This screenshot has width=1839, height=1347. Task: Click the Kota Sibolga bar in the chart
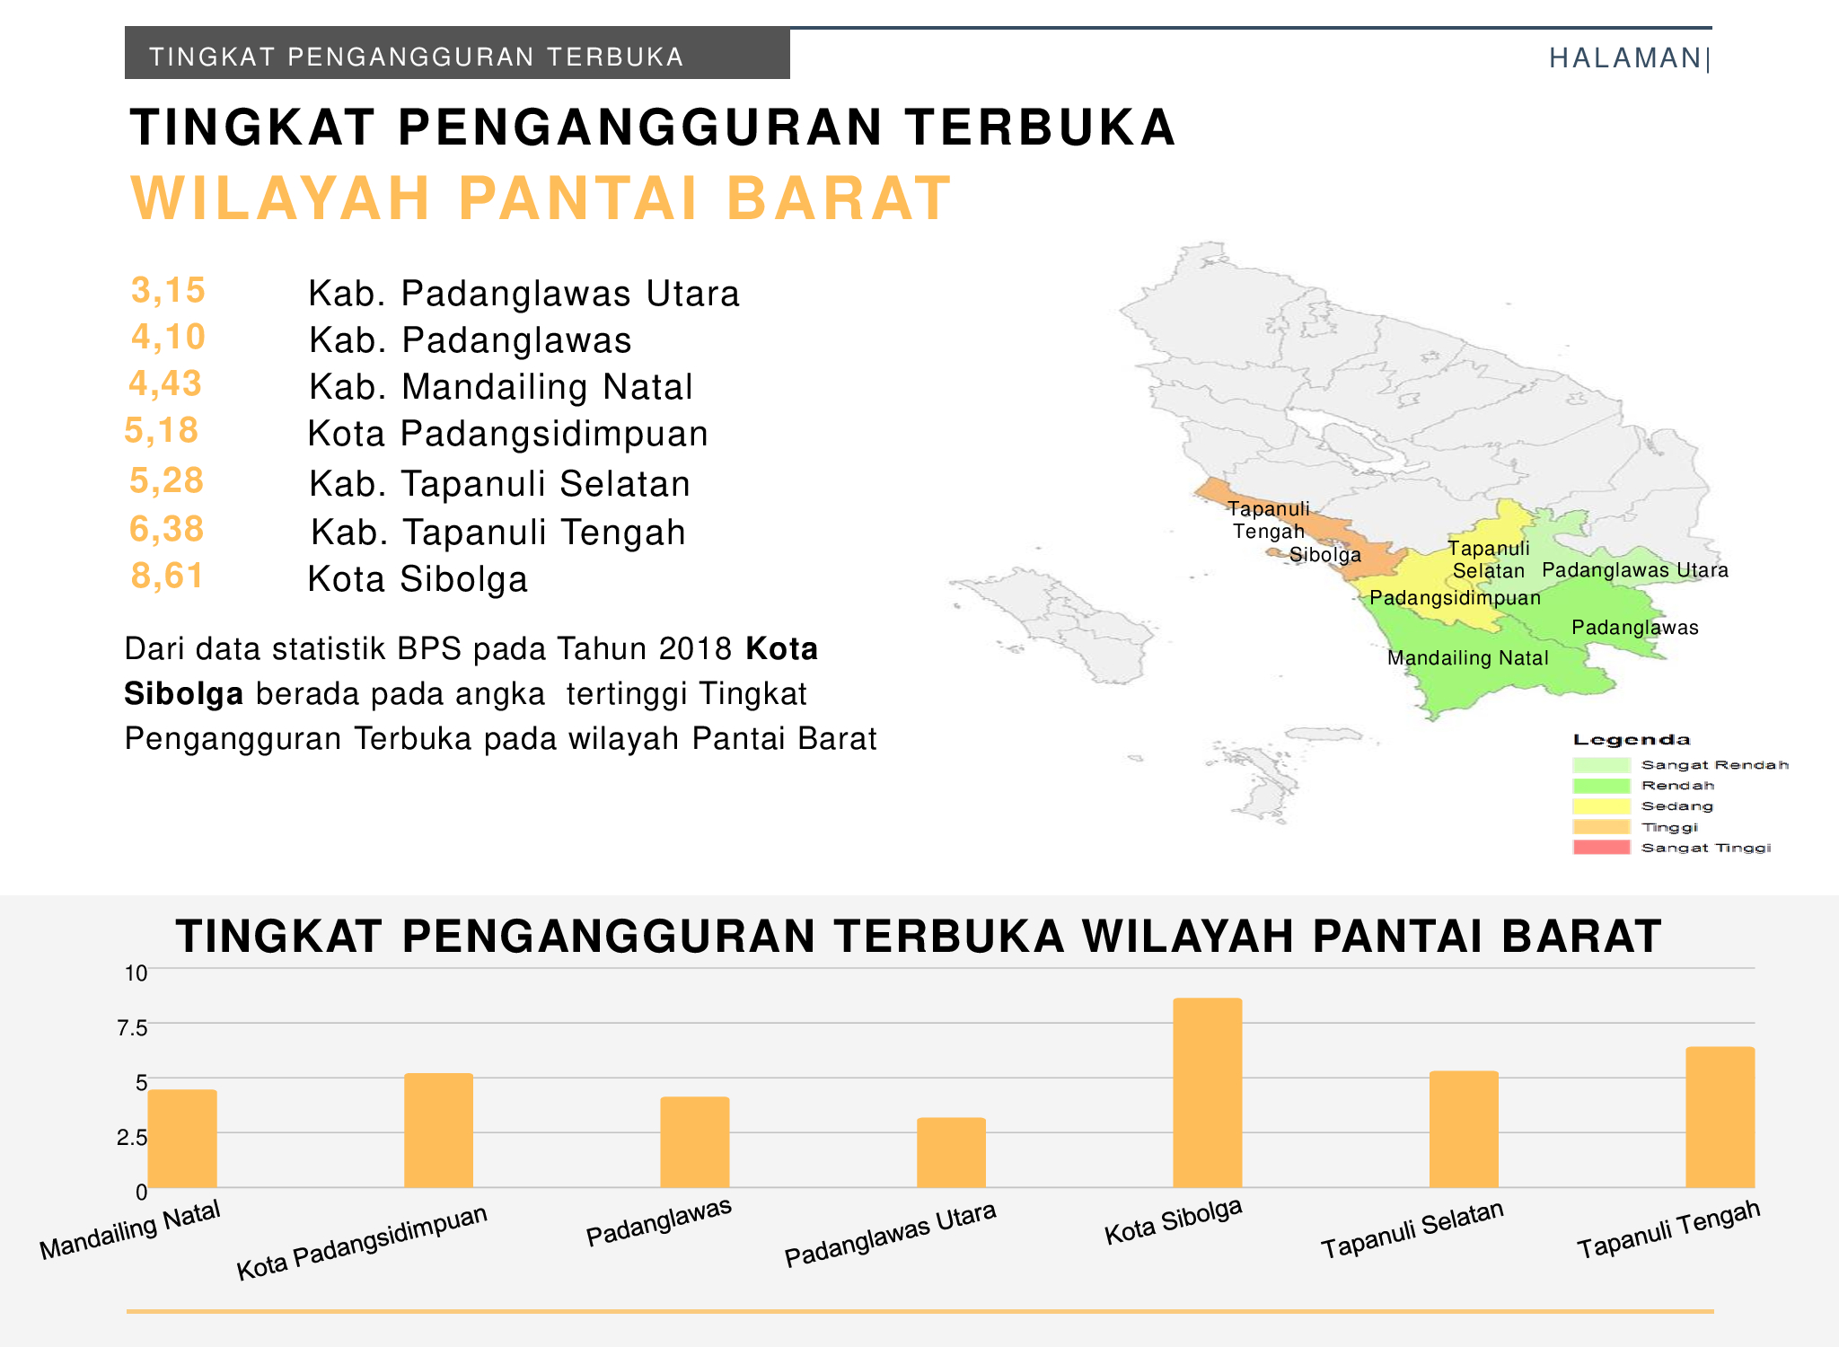coord(1207,1093)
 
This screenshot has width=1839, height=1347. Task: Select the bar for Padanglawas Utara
coord(951,1153)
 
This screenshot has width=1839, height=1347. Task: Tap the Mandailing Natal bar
coord(182,1139)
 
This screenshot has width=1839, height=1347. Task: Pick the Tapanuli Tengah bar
coord(1720,1117)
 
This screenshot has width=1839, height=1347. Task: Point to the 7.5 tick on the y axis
coord(133,1027)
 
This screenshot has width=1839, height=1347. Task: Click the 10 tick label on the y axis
coord(136,973)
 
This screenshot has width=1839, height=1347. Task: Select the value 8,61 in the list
coord(168,576)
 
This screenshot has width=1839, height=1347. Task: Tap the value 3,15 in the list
coord(168,290)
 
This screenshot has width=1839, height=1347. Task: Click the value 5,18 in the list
coord(162,430)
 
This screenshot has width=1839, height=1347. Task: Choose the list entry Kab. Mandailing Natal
coord(501,387)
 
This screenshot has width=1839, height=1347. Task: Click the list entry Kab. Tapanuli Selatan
coord(499,484)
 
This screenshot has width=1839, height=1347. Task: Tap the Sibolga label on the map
coord(1325,555)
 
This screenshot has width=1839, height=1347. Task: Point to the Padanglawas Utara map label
coord(1635,570)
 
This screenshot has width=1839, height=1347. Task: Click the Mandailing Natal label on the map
coord(1468,658)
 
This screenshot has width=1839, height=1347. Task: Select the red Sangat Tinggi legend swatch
coord(1601,847)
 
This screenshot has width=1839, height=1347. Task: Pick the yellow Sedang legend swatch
coord(1601,806)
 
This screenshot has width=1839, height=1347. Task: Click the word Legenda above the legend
coord(1632,740)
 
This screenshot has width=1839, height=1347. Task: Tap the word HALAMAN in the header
coord(1625,58)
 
